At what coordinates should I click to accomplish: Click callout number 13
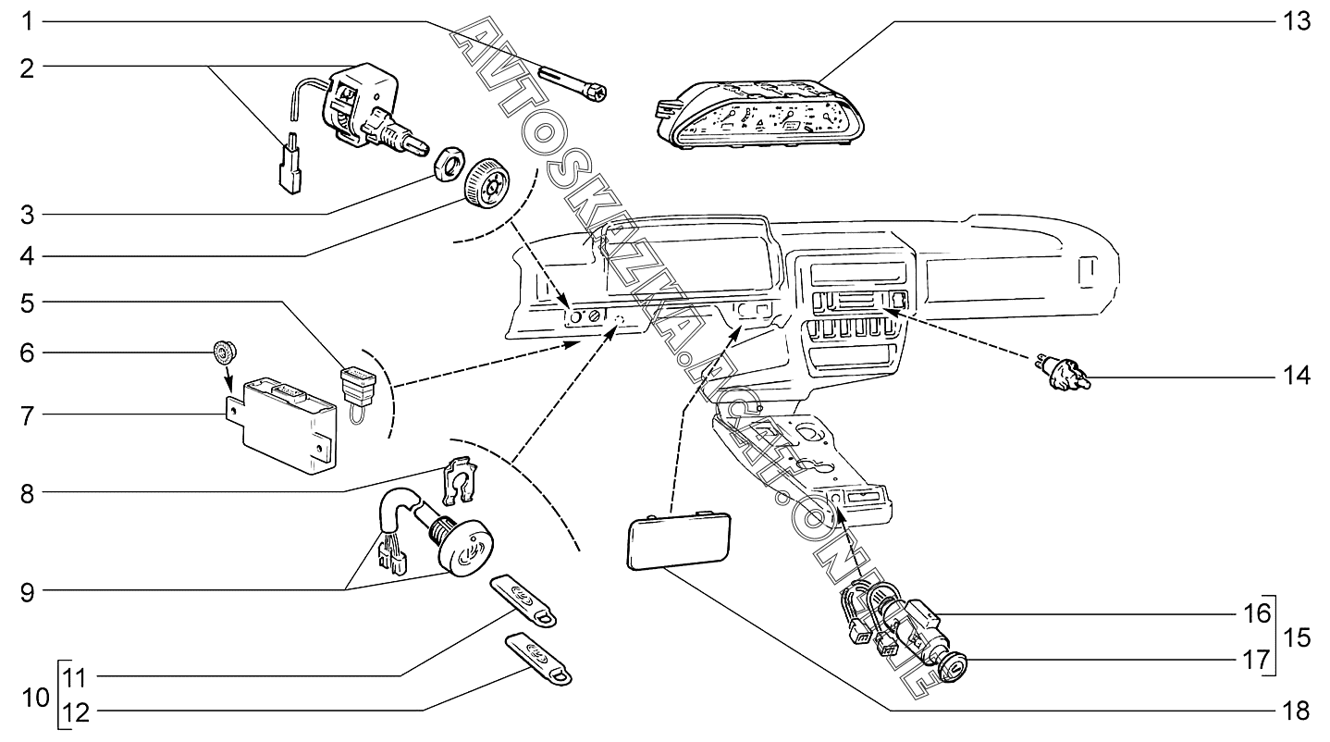pos(1296,21)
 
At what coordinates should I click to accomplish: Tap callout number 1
pos(27,21)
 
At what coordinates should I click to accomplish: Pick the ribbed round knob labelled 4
pos(486,183)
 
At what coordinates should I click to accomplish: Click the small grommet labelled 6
pos(225,352)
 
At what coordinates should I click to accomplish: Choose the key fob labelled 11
pos(523,600)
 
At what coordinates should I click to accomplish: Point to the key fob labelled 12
pos(538,658)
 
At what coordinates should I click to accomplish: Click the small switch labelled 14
pos(1064,374)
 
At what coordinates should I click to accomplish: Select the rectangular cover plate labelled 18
pos(679,541)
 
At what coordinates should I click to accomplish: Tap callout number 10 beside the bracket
pos(36,698)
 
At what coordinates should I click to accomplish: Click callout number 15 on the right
pos(1296,638)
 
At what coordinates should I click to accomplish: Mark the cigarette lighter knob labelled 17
pos(951,666)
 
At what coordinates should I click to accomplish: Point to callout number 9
pos(28,593)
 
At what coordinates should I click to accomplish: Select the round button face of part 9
pos(465,549)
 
